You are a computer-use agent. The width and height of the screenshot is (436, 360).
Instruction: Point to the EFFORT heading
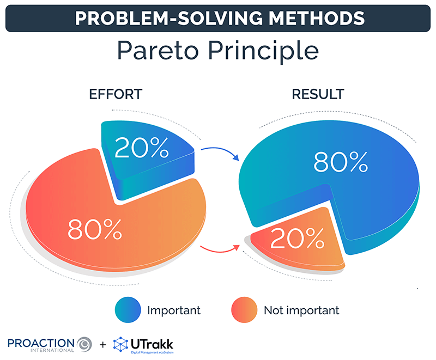click(x=115, y=94)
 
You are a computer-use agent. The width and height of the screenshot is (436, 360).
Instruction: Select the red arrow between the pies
click(x=221, y=250)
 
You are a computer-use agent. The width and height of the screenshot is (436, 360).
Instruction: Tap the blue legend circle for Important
click(x=128, y=310)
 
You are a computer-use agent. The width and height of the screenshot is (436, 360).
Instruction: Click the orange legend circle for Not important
click(x=244, y=310)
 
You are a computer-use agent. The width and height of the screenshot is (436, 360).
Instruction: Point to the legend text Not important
click(x=301, y=310)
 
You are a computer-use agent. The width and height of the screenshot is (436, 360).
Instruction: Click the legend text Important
click(x=174, y=310)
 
